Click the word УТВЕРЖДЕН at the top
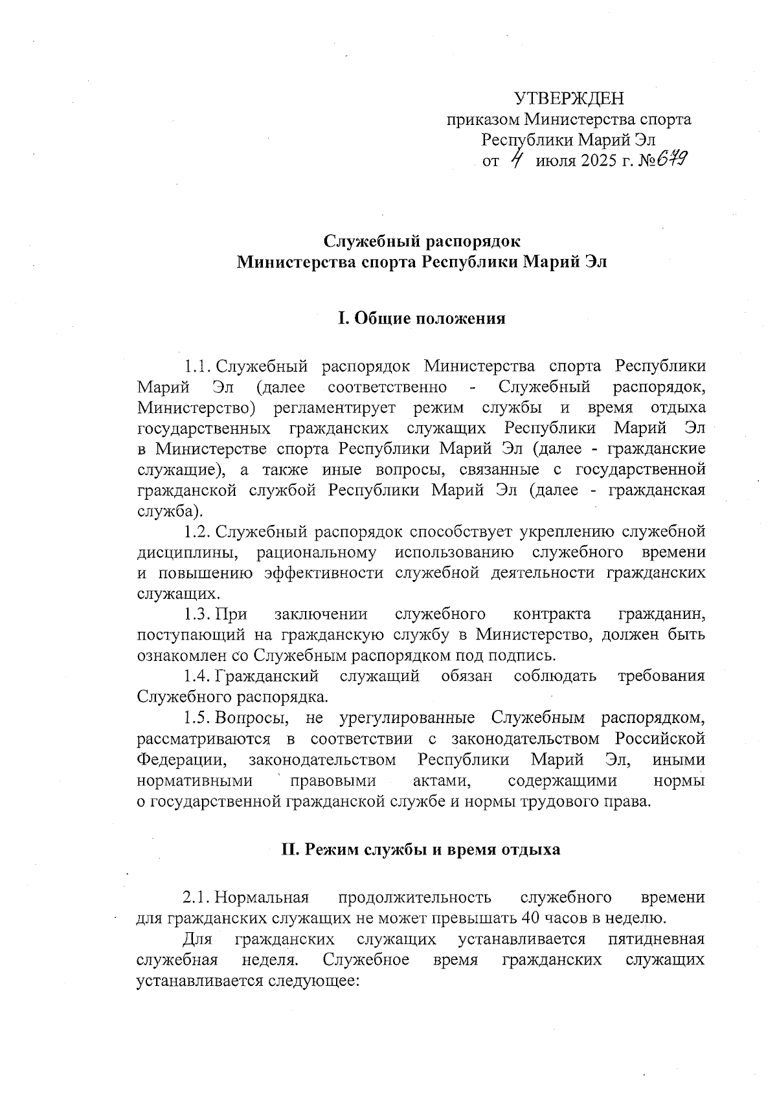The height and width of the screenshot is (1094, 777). point(569,98)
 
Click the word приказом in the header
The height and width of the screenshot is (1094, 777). point(483,120)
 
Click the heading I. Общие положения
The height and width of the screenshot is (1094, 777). point(422,318)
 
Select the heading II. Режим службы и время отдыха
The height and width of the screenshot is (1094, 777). point(421,849)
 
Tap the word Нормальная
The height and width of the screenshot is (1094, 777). point(262,897)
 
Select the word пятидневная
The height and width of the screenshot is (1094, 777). point(657,939)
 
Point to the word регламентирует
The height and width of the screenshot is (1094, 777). point(337,408)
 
